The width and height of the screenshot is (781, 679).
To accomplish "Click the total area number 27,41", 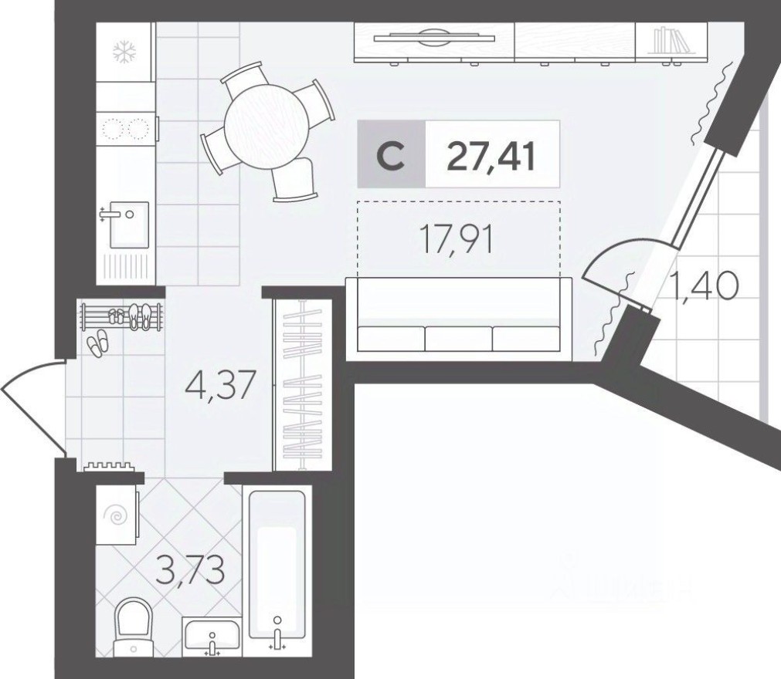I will coord(491,154).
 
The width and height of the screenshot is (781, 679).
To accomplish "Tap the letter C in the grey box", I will coord(392,155).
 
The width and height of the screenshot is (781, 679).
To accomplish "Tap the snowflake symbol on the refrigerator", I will coord(124,52).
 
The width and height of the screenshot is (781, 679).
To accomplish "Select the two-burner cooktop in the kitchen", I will coord(125,128).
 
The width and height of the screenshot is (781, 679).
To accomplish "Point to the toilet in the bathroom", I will coord(136,626).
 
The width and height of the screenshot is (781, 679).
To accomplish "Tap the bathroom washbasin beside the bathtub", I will coord(212,637).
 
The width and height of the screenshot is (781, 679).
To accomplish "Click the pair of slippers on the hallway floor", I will coord(97,343).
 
